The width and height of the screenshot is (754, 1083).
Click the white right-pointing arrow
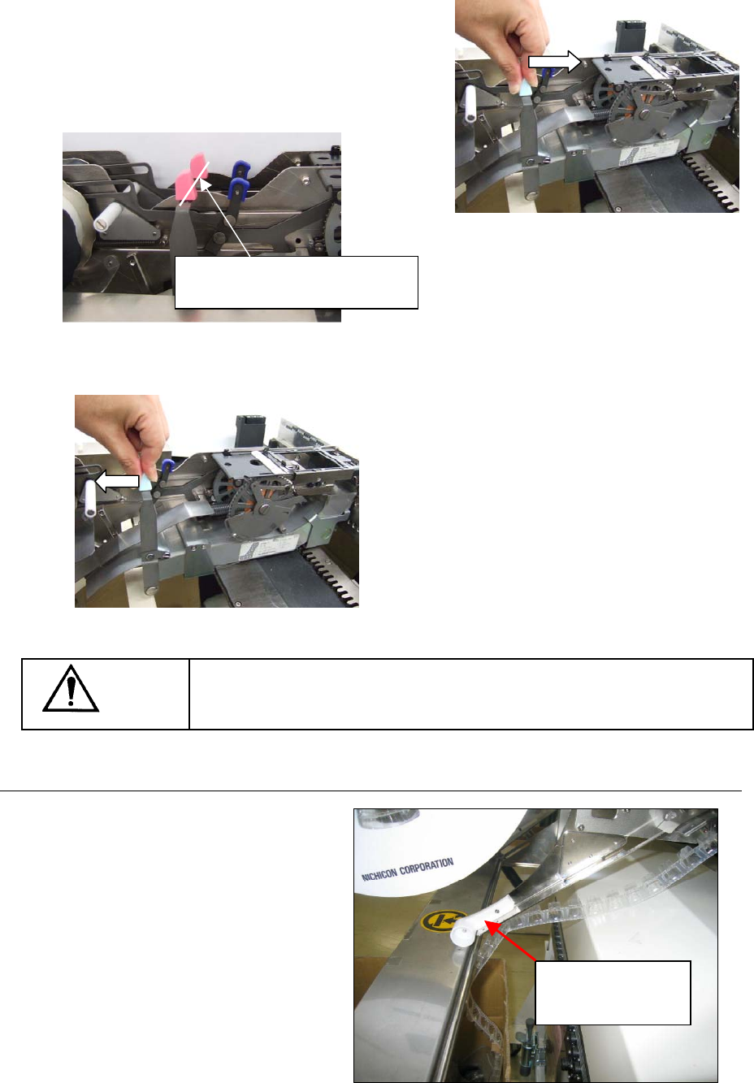pos(555,62)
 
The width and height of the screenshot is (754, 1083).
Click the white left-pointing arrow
pos(117,481)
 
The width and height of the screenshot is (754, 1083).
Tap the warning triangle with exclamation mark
pos(71,688)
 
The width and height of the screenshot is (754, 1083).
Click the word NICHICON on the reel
pos(379,873)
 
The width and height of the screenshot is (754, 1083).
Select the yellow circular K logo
pos(437,920)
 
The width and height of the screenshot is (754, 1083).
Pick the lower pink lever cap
pos(184,187)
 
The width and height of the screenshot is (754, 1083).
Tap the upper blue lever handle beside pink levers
pos(240,170)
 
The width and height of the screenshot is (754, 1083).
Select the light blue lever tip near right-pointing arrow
pos(526,88)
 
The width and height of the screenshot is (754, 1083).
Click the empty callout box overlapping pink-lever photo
pos(296,283)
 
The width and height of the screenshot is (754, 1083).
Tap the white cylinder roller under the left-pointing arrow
pos(90,499)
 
